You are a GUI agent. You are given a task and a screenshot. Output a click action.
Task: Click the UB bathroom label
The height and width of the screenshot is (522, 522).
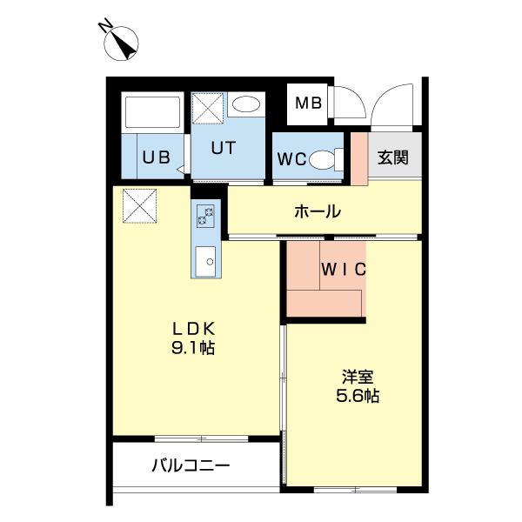(x=157, y=158)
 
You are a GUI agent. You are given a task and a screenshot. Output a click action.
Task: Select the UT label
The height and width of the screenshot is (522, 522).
(x=223, y=148)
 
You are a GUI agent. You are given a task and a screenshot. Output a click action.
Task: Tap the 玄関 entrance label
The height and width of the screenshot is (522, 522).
(x=392, y=158)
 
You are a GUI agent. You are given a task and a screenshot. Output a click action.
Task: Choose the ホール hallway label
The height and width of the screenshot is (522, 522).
(x=317, y=211)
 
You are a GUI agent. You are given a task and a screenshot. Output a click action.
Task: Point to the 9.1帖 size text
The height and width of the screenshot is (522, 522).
(x=192, y=348)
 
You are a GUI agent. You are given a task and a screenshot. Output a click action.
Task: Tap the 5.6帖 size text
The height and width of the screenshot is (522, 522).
(x=358, y=396)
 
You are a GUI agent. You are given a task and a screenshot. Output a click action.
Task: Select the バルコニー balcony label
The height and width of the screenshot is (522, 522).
(x=191, y=466)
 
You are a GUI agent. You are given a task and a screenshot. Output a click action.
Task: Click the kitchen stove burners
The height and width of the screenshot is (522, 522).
(x=206, y=215)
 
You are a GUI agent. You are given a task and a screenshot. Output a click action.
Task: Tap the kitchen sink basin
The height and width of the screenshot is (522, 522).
(x=206, y=258)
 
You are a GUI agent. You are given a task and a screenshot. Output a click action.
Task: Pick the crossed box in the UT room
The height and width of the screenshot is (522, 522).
(x=209, y=110)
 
